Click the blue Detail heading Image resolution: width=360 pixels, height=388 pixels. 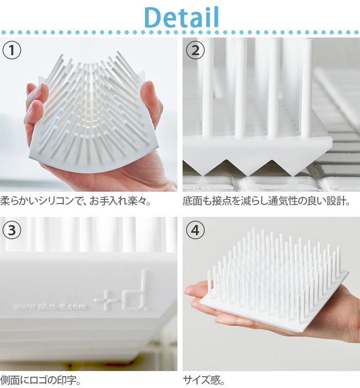[182, 17]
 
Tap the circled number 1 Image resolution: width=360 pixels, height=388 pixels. [12, 50]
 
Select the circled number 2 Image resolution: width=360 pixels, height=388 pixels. [195, 50]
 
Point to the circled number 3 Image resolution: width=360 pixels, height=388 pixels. [12, 230]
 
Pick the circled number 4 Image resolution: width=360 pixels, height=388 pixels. [195, 230]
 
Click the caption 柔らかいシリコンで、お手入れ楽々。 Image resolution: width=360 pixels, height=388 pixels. [76, 201]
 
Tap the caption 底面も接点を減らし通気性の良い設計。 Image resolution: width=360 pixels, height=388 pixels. [266, 201]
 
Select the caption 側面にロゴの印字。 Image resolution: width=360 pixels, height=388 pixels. [40, 380]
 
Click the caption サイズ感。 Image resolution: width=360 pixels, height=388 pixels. [204, 380]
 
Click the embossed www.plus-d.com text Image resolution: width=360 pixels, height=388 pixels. [50, 307]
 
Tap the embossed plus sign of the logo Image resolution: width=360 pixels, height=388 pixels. [106, 300]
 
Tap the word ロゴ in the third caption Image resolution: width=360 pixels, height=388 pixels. [38, 380]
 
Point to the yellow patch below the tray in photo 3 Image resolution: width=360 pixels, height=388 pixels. [74, 365]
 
